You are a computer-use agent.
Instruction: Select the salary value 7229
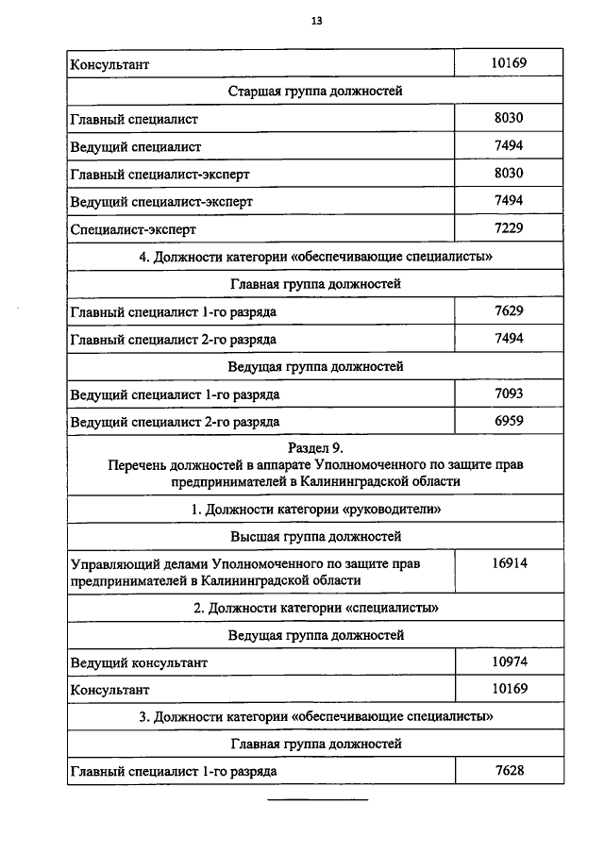point(509,227)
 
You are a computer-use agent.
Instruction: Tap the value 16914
point(509,563)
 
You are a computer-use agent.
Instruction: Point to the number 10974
point(509,661)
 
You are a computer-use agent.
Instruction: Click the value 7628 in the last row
point(509,771)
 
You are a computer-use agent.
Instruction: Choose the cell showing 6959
point(509,420)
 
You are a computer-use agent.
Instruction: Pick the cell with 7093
point(509,393)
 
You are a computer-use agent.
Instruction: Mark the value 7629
point(509,310)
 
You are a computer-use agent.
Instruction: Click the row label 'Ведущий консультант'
point(139,662)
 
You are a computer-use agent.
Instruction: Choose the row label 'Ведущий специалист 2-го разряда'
point(175,421)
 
